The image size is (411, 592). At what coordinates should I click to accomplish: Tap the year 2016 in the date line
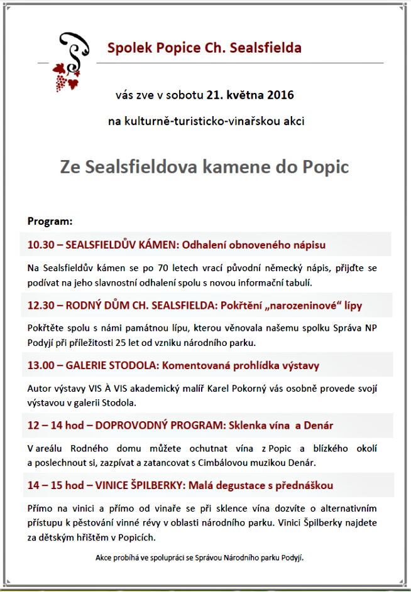(280, 96)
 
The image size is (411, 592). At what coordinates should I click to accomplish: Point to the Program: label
(50, 221)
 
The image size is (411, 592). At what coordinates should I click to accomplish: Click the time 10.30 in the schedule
(41, 244)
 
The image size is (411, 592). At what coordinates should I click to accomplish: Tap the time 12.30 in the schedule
(41, 305)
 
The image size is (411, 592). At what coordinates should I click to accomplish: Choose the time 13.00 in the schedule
(41, 365)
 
